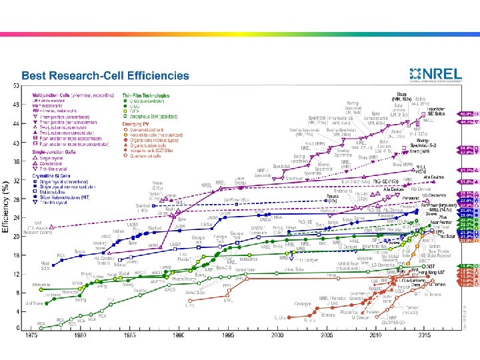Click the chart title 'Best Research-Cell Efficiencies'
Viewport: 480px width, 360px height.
click(105, 77)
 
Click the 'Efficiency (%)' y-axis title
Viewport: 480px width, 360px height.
click(6, 207)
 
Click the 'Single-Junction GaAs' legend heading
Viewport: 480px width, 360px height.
click(49, 150)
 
